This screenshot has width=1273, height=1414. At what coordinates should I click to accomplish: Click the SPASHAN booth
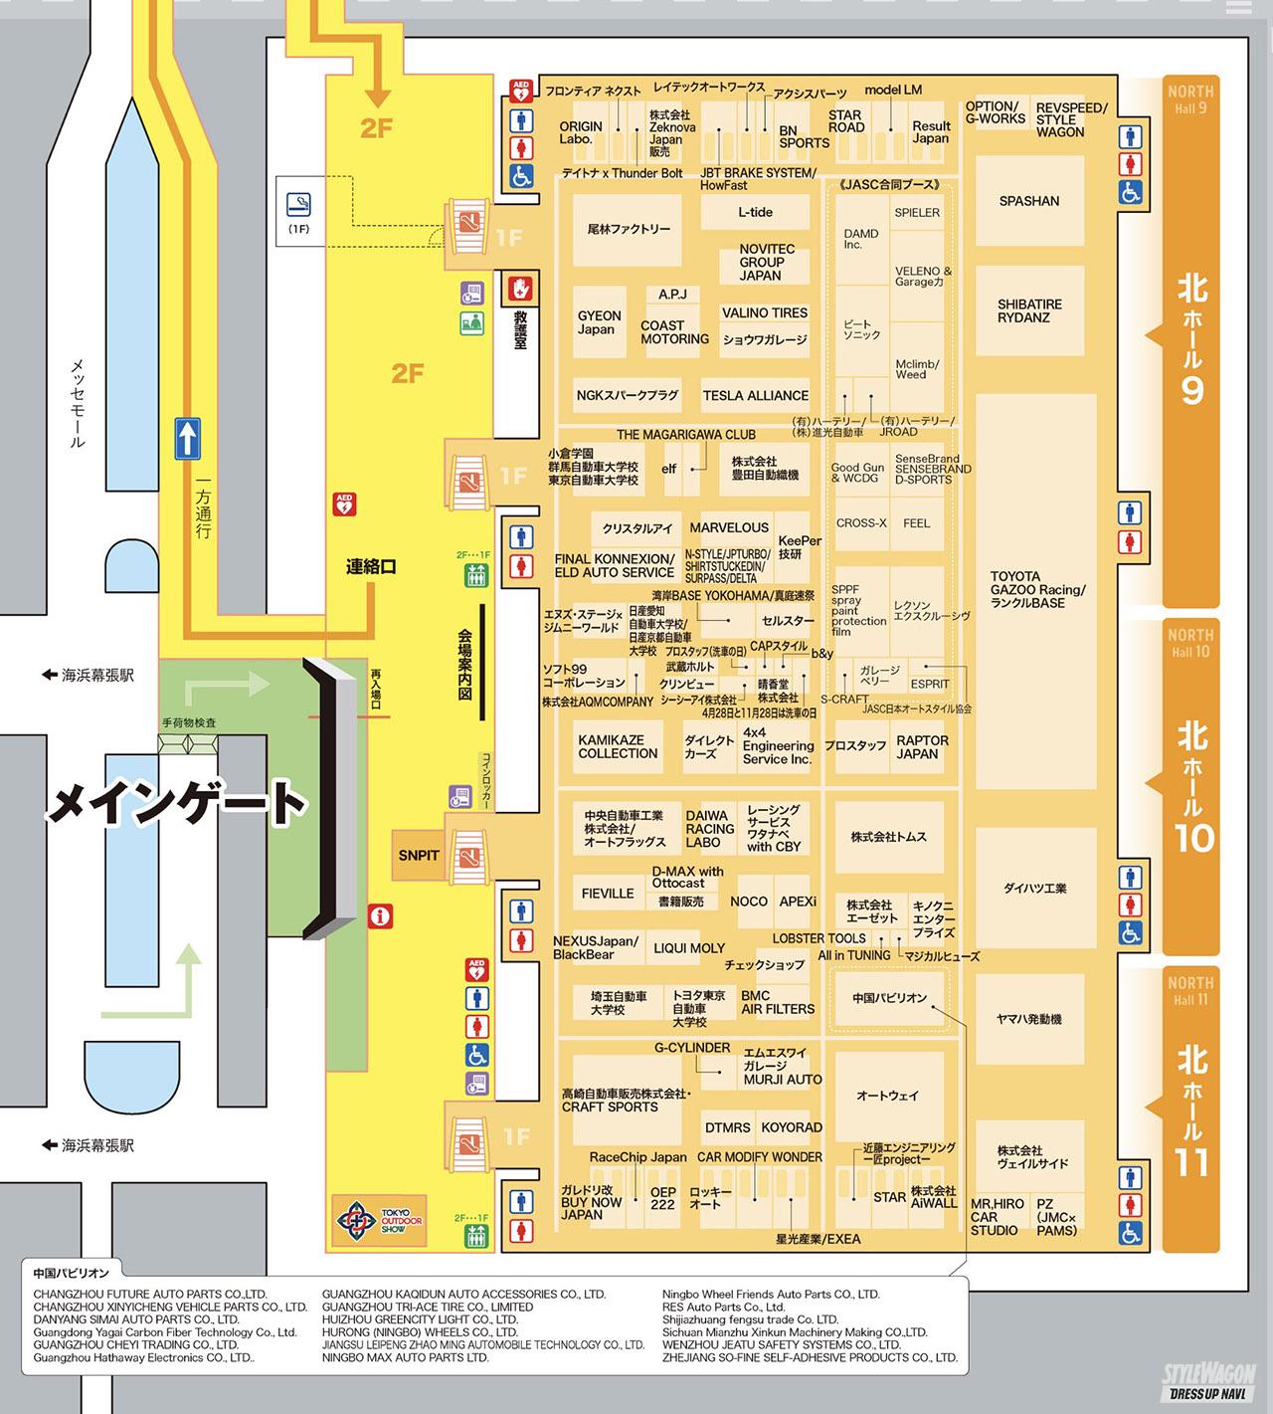(1028, 201)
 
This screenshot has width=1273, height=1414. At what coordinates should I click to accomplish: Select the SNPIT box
(419, 855)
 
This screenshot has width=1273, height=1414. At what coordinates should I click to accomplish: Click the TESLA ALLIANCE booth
(755, 395)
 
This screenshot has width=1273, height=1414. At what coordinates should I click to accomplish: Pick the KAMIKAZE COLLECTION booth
(618, 747)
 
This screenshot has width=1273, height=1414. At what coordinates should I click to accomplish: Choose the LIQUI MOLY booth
(689, 948)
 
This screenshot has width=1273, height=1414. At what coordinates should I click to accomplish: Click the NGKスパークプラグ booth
(627, 395)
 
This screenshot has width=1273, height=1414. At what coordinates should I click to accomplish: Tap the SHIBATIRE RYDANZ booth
(1029, 310)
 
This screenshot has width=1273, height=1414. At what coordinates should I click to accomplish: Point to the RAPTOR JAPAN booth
(922, 747)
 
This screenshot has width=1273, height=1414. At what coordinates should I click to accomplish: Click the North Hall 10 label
(1190, 786)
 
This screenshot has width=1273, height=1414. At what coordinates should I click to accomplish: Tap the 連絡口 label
(371, 567)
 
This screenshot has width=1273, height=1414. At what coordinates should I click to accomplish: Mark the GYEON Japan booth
(599, 322)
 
